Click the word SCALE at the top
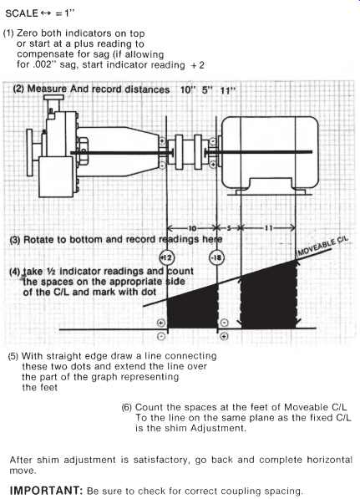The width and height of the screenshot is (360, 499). click(22, 13)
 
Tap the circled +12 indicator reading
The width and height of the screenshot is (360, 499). click(167, 257)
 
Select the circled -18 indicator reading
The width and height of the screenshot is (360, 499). click(216, 257)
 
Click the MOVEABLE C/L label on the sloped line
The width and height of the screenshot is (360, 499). click(322, 246)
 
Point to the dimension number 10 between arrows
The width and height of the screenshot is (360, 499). click(192, 228)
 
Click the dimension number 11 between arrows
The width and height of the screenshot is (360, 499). click(269, 228)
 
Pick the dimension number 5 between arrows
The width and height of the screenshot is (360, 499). click(229, 228)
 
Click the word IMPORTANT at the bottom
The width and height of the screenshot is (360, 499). click(47, 490)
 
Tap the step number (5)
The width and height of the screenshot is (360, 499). click(13, 356)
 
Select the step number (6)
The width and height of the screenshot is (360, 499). click(127, 407)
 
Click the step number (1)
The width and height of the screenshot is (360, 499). click(8, 33)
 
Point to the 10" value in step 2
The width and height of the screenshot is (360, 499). click(187, 89)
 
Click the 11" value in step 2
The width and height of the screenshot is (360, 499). click(228, 90)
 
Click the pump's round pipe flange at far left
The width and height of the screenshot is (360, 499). click(29, 153)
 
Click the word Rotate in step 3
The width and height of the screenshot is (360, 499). click(38, 239)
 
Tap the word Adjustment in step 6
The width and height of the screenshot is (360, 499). click(218, 428)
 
